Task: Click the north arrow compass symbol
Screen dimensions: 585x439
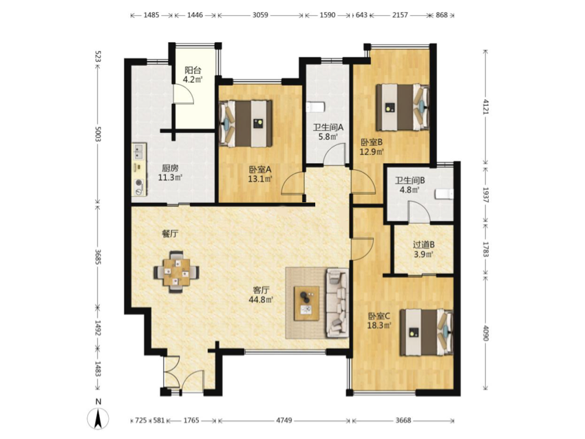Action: pos(98,419)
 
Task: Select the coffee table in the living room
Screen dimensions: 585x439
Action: pos(307,303)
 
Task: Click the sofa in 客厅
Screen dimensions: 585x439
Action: pos(338,303)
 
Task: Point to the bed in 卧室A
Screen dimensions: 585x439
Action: pos(246,123)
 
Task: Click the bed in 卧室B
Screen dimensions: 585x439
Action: pos(402,107)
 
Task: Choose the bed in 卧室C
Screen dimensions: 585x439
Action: pos(427,332)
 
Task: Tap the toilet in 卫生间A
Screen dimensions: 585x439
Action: pos(315,107)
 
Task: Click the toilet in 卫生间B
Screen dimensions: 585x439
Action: pos(444,193)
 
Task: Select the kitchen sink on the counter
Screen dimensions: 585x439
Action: pos(139,152)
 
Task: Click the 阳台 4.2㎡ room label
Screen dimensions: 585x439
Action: pos(193,74)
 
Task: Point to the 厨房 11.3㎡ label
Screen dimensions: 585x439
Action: pos(170,173)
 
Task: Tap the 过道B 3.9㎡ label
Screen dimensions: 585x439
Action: pos(423,250)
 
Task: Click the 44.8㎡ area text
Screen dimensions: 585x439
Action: pos(261,299)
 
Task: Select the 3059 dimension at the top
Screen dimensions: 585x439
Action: pos(260,15)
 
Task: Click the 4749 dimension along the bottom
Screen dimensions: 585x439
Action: pos(284,420)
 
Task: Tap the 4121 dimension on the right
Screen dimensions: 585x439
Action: pos(485,107)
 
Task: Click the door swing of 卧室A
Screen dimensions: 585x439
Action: pos(292,183)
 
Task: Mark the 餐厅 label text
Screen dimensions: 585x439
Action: pos(170,234)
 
